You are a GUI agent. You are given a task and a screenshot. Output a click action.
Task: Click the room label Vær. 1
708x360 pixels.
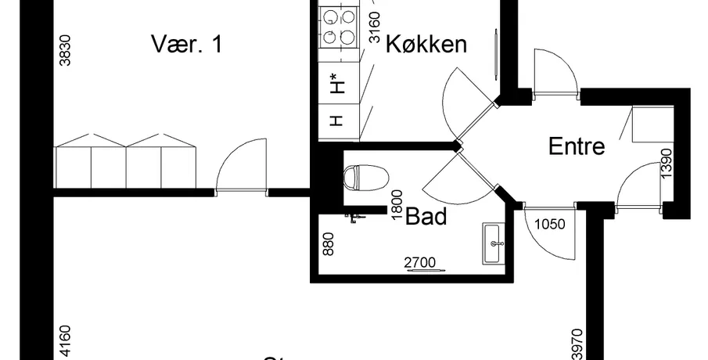pyautogui.click(x=187, y=44)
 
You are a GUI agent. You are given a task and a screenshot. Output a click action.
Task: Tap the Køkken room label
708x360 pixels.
pyautogui.click(x=426, y=44)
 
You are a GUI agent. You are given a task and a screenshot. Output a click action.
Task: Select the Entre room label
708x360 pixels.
pyautogui.click(x=577, y=146)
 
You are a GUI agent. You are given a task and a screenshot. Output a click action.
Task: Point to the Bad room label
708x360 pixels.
pyautogui.click(x=426, y=215)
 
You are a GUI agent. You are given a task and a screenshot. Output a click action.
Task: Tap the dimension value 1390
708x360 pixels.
pyautogui.click(x=666, y=164)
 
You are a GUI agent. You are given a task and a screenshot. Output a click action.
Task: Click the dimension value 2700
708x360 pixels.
pyautogui.click(x=420, y=262)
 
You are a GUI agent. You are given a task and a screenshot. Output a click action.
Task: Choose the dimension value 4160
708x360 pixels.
pyautogui.click(x=66, y=342)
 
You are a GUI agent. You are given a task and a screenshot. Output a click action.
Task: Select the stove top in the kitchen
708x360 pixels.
pyautogui.click(x=338, y=26)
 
